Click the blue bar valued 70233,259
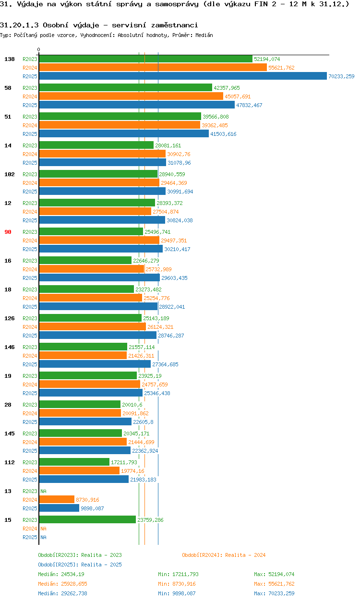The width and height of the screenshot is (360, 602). coord(182,76)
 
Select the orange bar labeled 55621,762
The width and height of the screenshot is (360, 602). coord(153,68)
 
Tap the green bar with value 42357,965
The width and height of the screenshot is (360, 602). coord(125,88)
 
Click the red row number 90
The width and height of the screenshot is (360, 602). coord(8,232)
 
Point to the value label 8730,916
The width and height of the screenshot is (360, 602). coord(87,500)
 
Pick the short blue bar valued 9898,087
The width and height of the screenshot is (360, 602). coord(59,508)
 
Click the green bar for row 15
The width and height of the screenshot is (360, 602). coord(87,520)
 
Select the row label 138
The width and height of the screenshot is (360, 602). coord(9,59)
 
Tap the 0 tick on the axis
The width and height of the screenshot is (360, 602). coord(39,49)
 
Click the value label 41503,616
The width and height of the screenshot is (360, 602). coord(223,134)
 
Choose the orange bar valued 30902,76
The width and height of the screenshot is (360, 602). coord(102,154)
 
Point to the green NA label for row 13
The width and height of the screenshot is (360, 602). coord(43,491)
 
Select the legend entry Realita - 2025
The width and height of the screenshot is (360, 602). coord(101,565)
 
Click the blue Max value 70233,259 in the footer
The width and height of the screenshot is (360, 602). coord(281,593)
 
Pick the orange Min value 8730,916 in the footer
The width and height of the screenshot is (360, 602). coord(185,584)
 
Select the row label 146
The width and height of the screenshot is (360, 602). coord(9,347)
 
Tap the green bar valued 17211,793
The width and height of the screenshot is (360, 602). coord(74,462)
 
